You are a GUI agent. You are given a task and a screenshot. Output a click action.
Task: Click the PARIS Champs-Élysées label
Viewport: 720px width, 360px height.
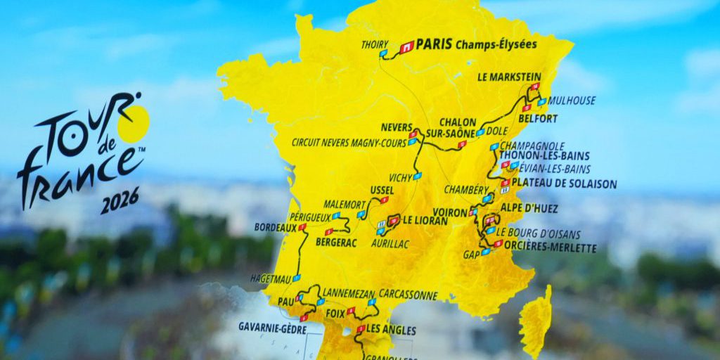(x=476, y=44)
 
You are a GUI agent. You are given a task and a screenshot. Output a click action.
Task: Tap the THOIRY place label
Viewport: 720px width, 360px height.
(x=374, y=44)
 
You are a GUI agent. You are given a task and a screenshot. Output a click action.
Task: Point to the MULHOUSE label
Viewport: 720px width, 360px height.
(x=572, y=101)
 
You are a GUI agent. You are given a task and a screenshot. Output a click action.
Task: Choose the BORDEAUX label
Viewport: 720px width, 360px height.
(x=276, y=228)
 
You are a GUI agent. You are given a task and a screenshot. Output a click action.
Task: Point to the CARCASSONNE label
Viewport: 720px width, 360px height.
(x=408, y=295)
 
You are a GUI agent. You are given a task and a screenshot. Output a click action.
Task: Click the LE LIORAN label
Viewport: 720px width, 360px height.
(x=427, y=219)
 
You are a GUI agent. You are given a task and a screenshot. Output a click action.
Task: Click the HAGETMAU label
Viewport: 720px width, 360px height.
(x=271, y=278)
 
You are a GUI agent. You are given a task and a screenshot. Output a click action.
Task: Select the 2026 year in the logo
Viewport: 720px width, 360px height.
(x=120, y=200)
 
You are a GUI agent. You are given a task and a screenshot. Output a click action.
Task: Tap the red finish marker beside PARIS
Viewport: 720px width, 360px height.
(x=406, y=48)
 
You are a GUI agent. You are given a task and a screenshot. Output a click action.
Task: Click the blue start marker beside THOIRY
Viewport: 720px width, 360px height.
(x=383, y=53)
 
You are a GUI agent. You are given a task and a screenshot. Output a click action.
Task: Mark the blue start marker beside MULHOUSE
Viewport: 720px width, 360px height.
(x=541, y=101)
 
